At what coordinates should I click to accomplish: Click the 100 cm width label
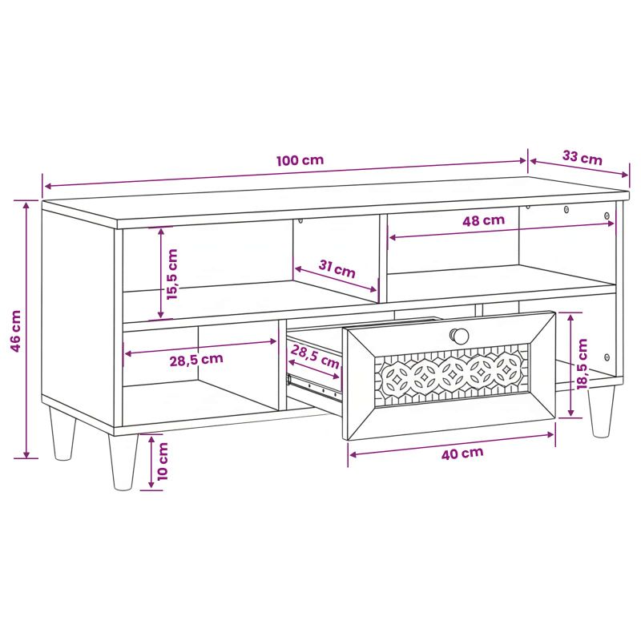click(300, 159)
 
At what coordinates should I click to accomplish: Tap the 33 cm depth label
click(583, 157)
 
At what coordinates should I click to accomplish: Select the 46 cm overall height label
click(15, 331)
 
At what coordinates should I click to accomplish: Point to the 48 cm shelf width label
click(484, 220)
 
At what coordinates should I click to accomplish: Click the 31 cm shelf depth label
click(337, 268)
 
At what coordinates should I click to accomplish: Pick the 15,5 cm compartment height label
click(172, 274)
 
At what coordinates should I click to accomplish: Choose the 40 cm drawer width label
click(462, 453)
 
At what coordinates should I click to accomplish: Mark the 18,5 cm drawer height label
click(583, 364)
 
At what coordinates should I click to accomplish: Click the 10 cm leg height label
click(163, 462)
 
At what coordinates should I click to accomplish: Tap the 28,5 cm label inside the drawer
click(315, 356)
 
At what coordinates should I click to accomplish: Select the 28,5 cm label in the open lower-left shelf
click(196, 360)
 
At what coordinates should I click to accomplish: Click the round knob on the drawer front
click(459, 336)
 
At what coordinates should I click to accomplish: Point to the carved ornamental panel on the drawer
click(452, 375)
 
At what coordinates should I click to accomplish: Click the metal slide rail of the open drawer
click(314, 387)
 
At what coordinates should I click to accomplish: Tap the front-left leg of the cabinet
click(123, 462)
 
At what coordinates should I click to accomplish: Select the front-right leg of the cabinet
click(601, 411)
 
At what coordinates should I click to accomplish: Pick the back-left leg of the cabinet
click(62, 433)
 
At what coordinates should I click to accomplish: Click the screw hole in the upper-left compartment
click(300, 221)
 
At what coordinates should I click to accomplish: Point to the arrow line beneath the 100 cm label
click(285, 173)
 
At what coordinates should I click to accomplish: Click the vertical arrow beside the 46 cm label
click(26, 329)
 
